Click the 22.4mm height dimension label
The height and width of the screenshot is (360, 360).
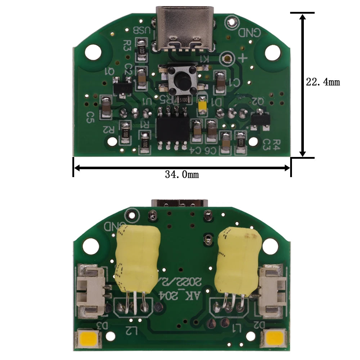click(323, 82)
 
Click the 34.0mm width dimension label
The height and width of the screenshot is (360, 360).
click(182, 175)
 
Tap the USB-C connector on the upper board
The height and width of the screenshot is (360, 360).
click(185, 29)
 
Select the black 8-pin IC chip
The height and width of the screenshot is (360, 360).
click(173, 128)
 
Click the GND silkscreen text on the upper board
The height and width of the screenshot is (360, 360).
click(249, 32)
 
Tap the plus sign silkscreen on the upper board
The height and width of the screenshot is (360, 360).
click(243, 58)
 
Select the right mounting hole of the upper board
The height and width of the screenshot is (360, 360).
click(272, 53)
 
